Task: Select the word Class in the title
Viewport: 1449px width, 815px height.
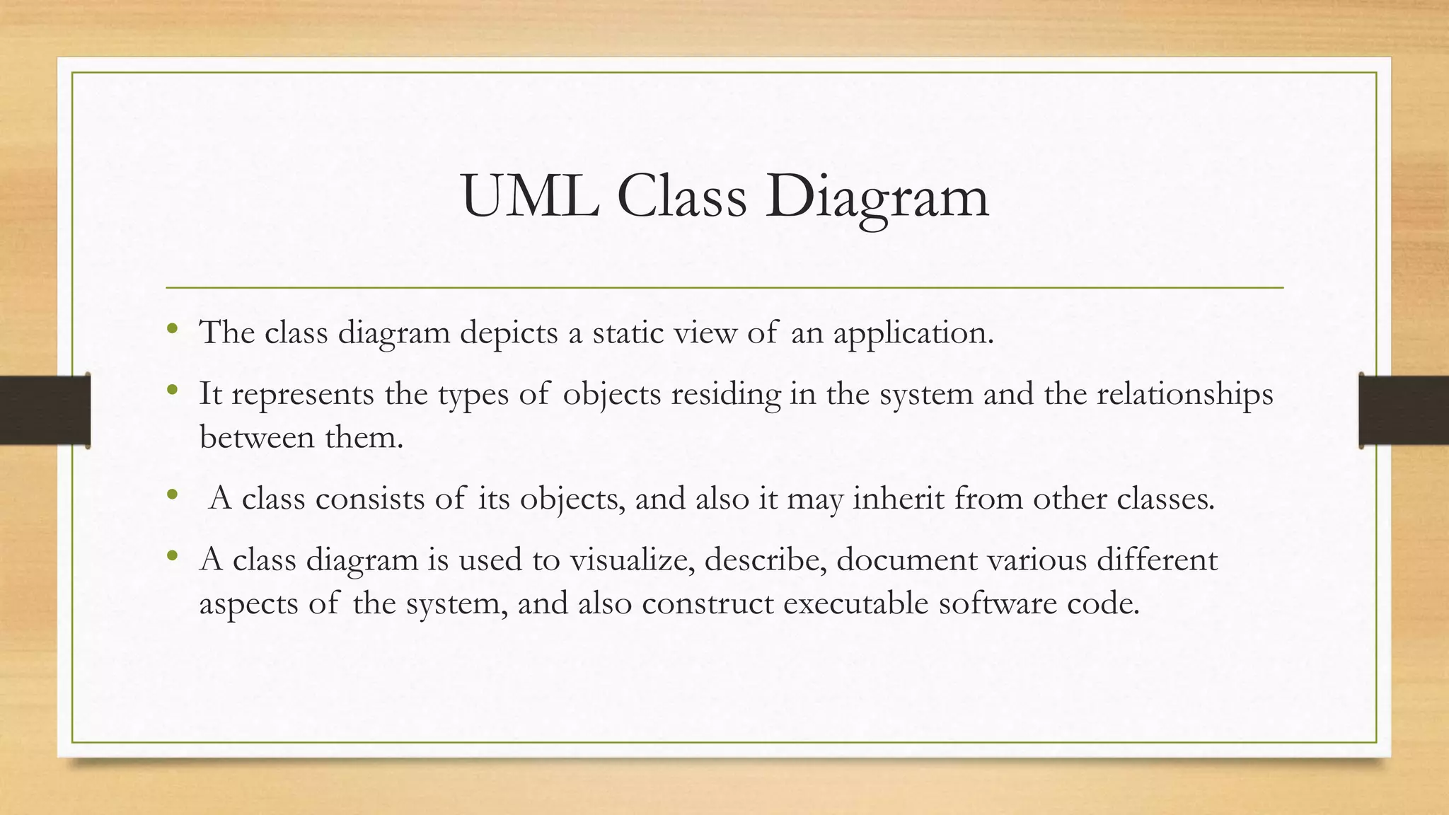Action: (x=681, y=197)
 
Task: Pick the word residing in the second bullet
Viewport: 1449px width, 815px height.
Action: (x=726, y=394)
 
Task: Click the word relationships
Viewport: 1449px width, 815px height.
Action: (x=1184, y=394)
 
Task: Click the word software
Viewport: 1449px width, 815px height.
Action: (x=997, y=603)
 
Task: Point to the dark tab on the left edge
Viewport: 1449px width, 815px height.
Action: (x=45, y=410)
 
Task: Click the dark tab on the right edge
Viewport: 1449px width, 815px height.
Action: (x=1404, y=410)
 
